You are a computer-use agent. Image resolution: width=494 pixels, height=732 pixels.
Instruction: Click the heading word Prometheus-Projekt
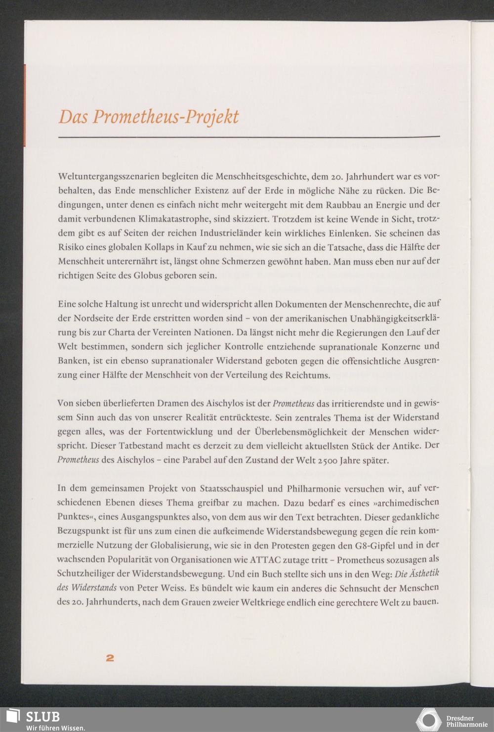pos(166,117)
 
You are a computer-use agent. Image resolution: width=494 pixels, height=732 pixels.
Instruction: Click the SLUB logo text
pos(42,717)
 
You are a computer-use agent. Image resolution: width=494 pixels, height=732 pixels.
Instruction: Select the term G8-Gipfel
pos(360,546)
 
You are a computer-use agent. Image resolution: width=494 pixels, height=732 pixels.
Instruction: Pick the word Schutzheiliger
pos(87,574)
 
